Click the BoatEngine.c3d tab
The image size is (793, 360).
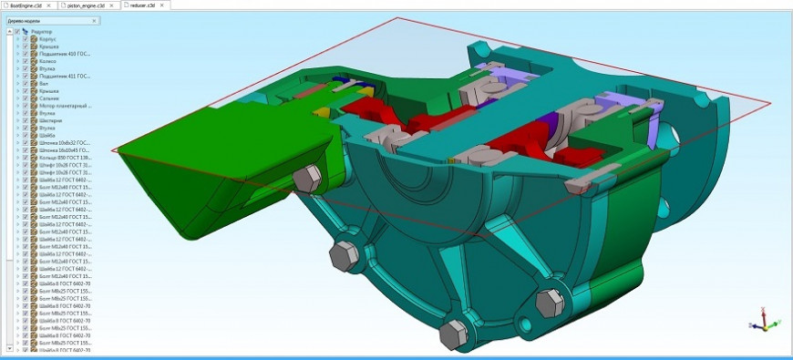31,5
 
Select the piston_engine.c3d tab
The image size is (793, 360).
90,5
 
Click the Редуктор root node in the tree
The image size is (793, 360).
42,32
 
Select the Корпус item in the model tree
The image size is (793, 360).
46,39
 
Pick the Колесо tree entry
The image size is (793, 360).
46,61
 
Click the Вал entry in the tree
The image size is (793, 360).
43,83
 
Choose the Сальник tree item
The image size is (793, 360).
48,98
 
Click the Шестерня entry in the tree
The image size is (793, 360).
50,120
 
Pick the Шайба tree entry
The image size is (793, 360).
46,135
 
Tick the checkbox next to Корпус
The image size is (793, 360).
26,39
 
